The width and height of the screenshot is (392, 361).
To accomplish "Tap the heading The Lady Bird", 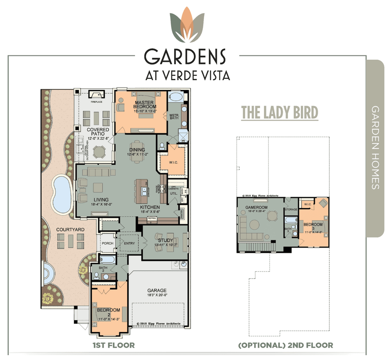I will [x=280, y=112].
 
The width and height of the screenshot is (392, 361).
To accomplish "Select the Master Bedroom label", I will [x=144, y=105].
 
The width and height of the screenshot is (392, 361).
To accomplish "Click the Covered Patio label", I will [x=98, y=132].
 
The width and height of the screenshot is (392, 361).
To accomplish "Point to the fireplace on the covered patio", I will [x=96, y=94].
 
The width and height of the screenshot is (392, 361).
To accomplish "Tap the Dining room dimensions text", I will [x=138, y=154].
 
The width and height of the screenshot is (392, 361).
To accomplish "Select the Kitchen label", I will [x=150, y=207].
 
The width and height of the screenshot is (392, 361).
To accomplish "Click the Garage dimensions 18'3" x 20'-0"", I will [x=157, y=295].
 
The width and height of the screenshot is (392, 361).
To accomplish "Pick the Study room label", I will [x=165, y=240].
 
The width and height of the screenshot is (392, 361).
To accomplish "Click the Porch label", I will [x=107, y=243].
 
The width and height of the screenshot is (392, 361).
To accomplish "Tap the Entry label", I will [x=129, y=243].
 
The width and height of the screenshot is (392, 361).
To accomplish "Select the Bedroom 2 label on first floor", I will [x=108, y=312].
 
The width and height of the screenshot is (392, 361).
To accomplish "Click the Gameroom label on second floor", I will [x=256, y=207].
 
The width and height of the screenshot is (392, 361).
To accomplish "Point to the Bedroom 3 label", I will [x=313, y=226].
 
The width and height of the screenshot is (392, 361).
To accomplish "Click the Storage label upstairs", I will [x=291, y=210].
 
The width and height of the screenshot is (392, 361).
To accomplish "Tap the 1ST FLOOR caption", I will [x=114, y=345].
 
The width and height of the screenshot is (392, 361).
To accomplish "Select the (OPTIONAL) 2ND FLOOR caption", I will [x=285, y=345].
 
